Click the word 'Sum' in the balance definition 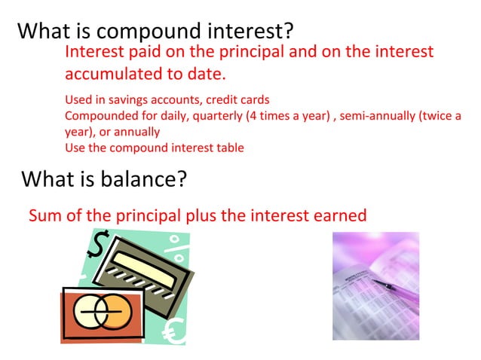(x=43, y=216)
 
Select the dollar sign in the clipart (x=98, y=245)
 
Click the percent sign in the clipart (x=176, y=245)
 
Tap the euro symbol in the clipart (x=173, y=331)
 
